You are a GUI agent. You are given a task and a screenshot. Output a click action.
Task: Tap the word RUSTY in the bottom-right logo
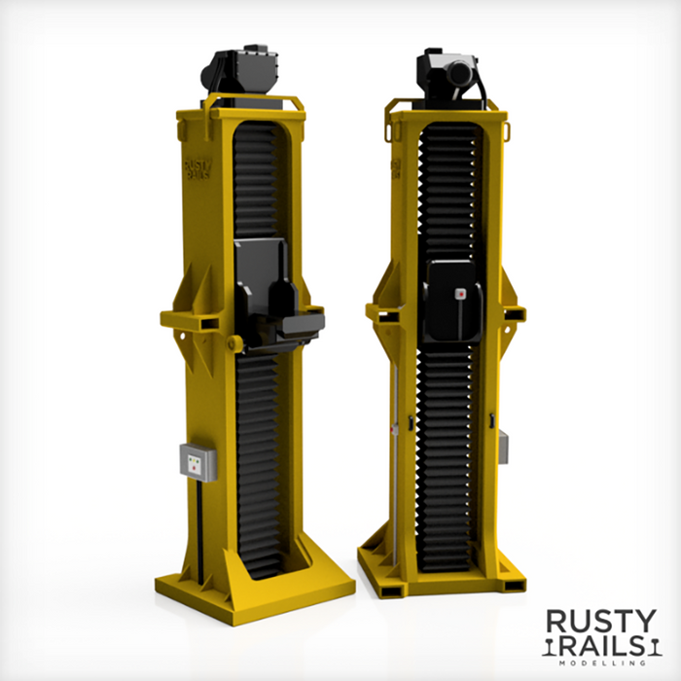click(600, 622)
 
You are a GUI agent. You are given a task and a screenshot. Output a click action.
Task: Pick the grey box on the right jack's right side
click(503, 448)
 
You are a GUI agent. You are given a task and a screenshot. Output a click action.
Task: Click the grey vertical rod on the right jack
click(395, 457)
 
